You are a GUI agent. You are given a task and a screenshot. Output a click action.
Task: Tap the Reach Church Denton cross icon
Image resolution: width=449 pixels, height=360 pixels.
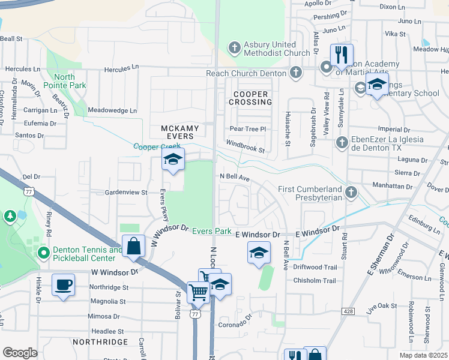pos(295,73)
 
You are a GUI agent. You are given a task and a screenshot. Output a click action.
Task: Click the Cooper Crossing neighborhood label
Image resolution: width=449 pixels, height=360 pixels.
pos(250,98)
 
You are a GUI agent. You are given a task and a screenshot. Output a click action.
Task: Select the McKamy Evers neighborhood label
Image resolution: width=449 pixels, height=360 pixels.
pos(178,132)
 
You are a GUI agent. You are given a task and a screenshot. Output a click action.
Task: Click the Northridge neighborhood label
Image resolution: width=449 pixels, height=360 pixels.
pos(100,342)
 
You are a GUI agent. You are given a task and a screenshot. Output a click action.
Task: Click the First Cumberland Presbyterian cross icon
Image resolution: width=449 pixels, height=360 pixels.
pos(351,192)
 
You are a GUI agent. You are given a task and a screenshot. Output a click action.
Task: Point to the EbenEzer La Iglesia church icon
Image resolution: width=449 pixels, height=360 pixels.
pos(342,142)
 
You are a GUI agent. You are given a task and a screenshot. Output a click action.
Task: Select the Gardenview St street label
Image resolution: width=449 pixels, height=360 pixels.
pos(126,193)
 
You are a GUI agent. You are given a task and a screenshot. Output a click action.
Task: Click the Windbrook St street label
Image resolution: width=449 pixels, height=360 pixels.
pos(245,146)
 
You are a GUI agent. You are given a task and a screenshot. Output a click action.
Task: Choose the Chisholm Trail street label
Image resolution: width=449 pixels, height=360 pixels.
pos(315,281)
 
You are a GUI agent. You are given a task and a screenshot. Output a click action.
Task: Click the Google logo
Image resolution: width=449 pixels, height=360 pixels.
pos(20,353)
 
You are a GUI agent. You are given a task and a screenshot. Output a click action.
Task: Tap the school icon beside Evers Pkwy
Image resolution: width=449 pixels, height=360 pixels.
pos(172,160)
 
